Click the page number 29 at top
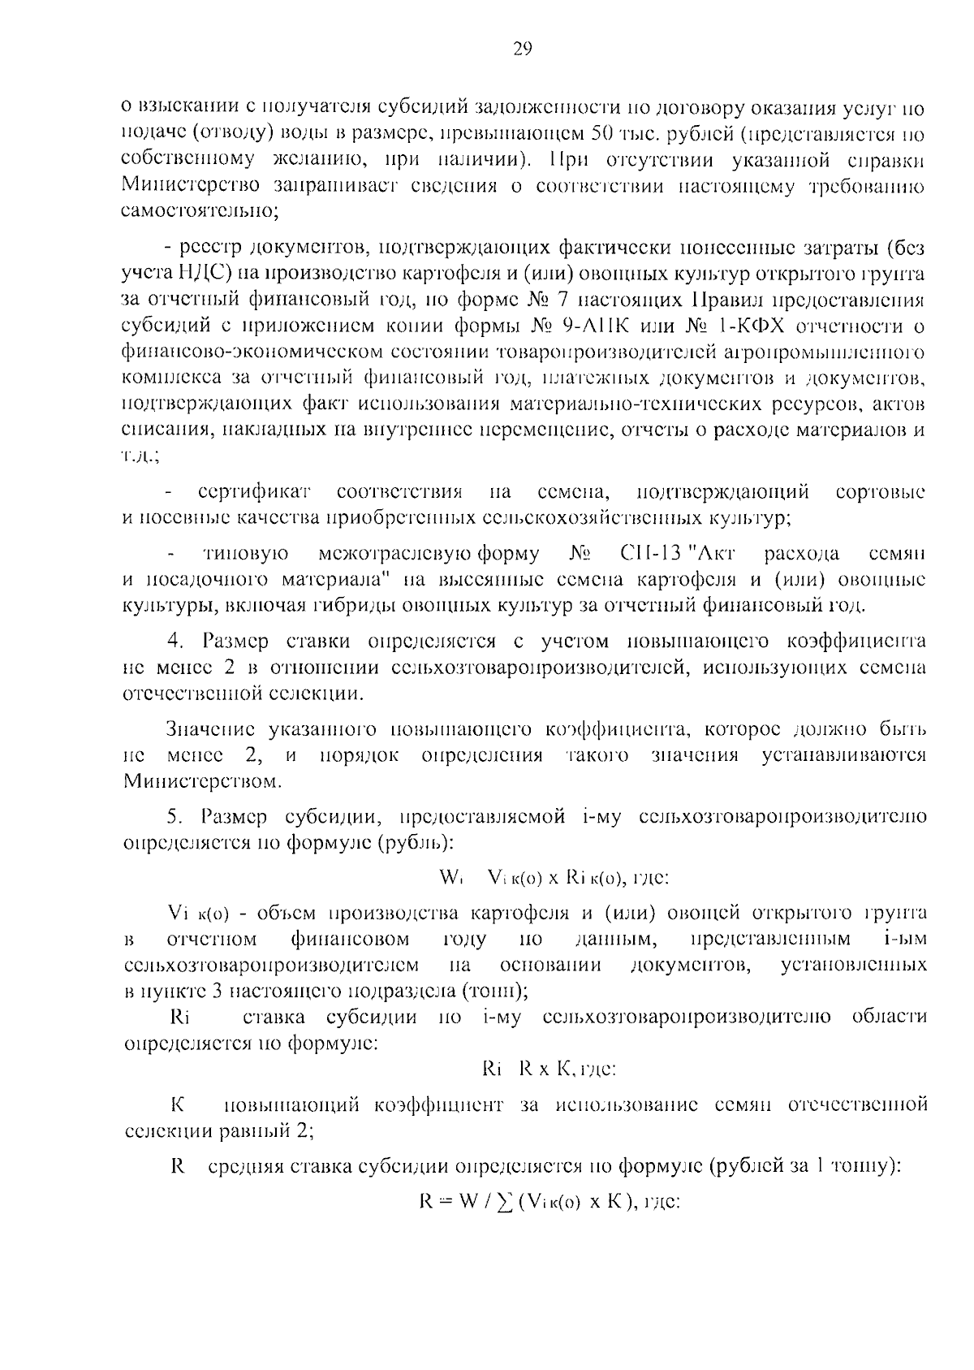(x=522, y=49)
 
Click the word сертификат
(x=255, y=492)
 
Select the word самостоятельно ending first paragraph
(x=199, y=213)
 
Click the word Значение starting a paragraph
(x=211, y=728)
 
